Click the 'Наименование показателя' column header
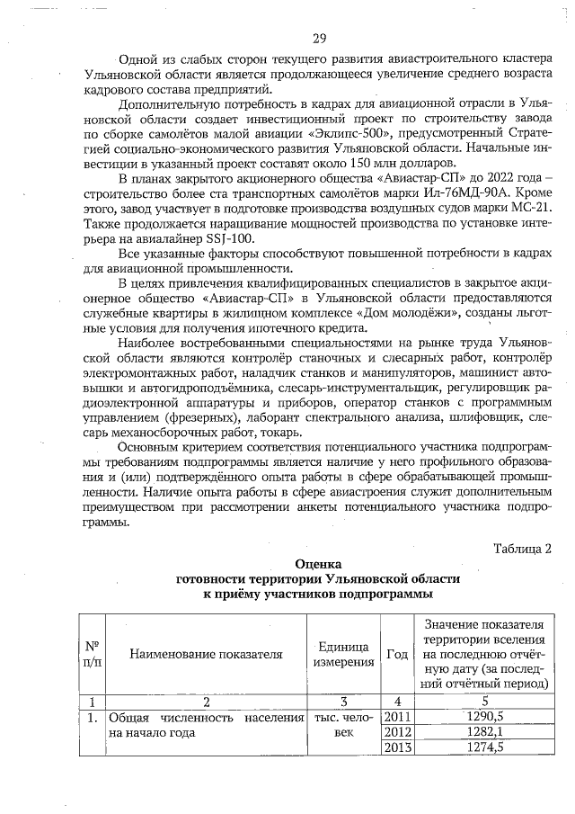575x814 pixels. pos(206,654)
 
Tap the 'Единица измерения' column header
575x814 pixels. pos(343,655)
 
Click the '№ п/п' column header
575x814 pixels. pos(92,654)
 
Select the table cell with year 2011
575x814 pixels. pos(396,717)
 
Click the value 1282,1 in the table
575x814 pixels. pos(485,732)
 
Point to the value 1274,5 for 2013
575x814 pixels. pos(485,747)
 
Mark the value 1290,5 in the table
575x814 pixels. pos(485,717)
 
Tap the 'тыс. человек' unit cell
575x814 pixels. pos(343,725)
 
